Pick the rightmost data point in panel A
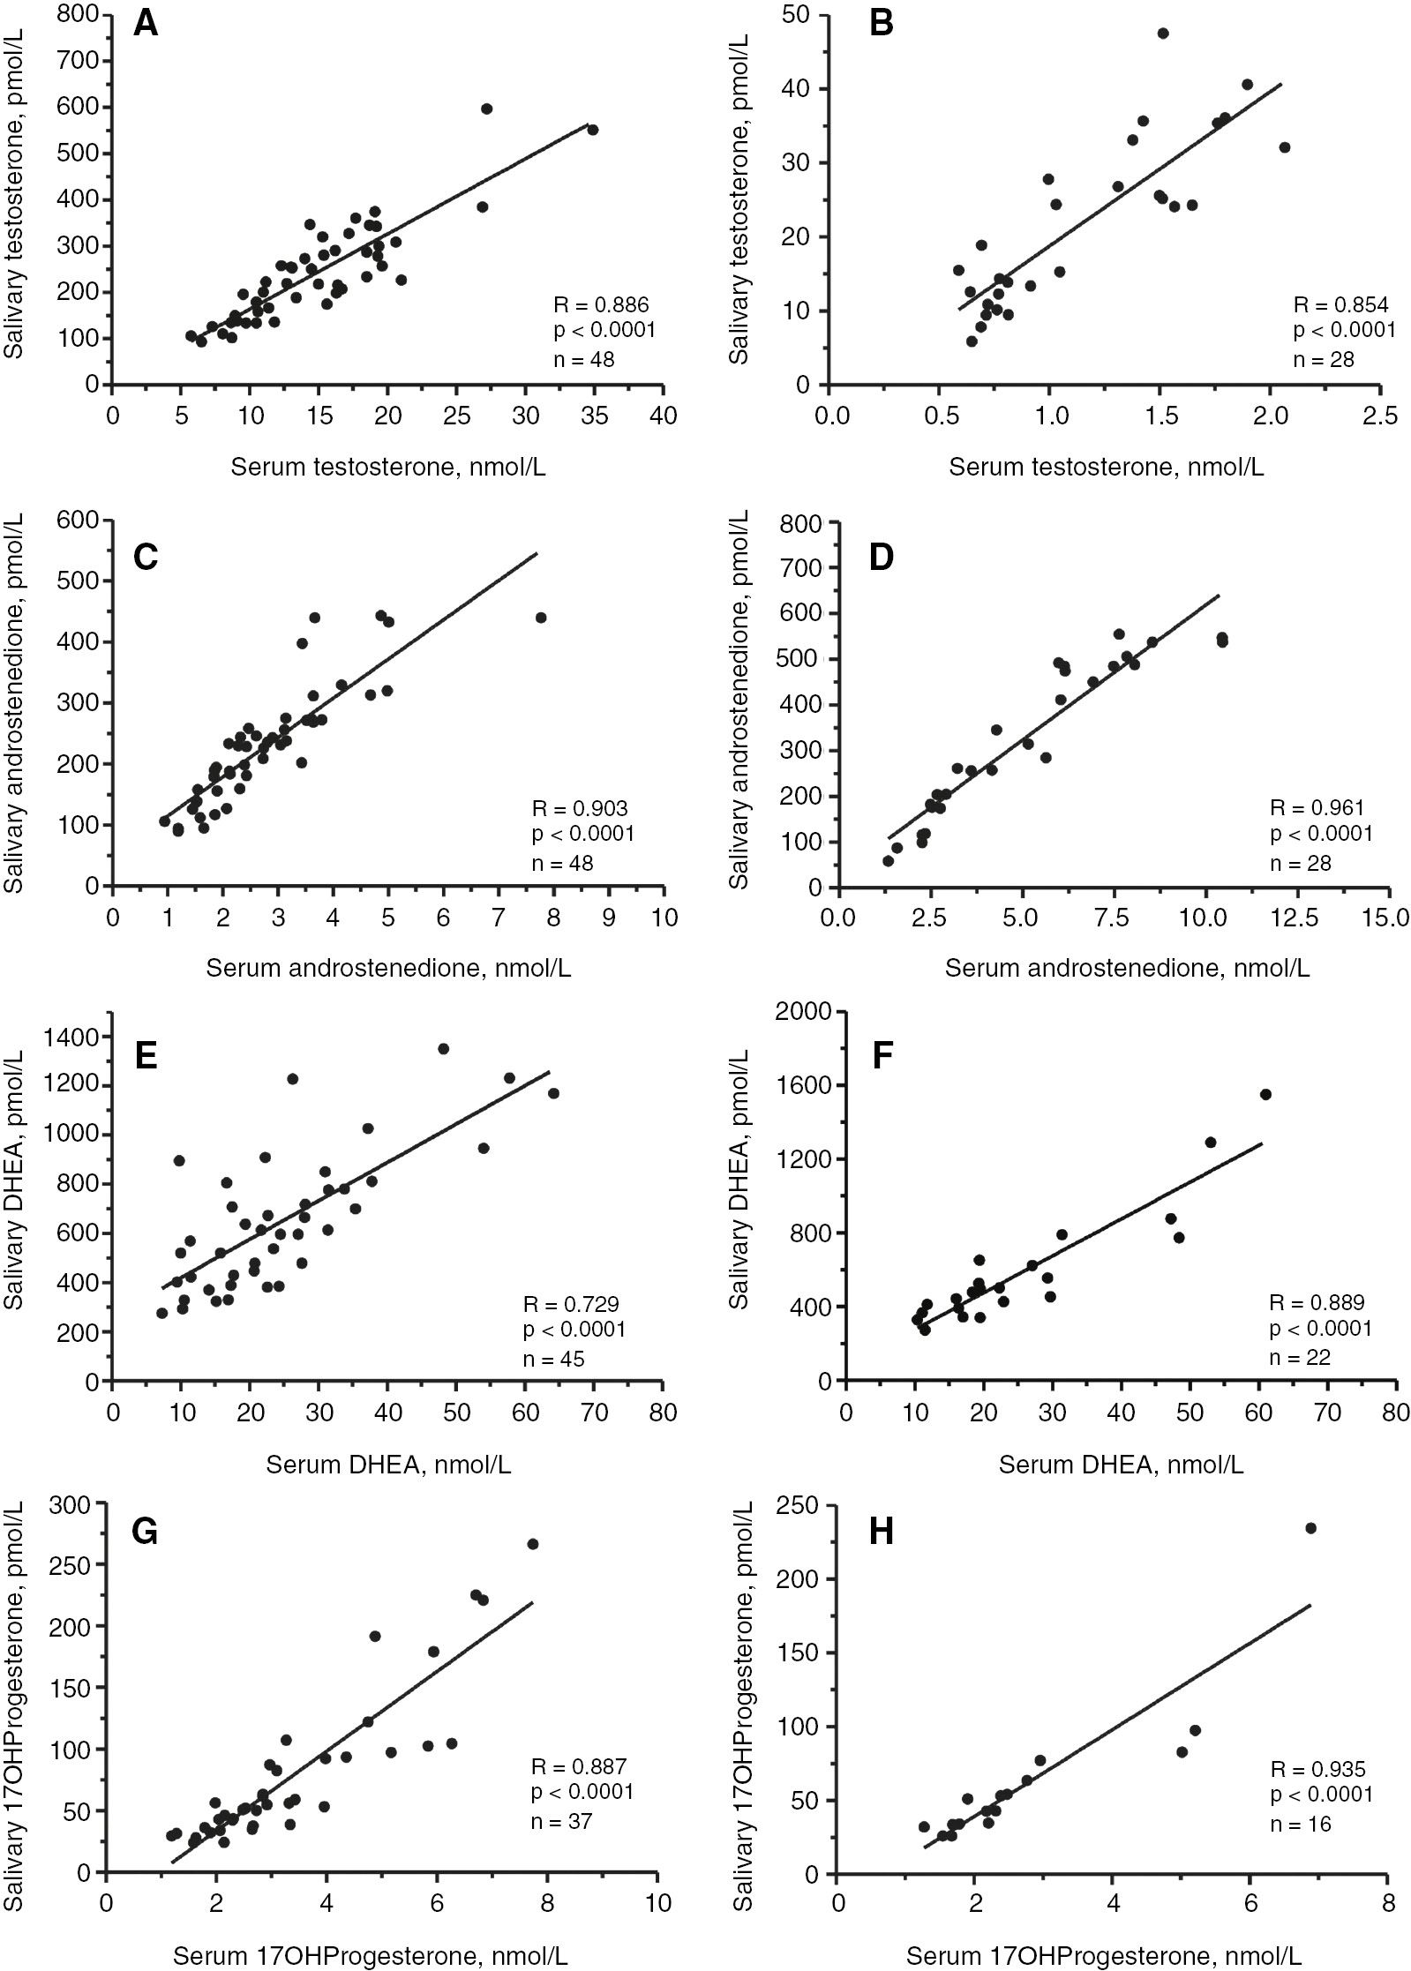pyautogui.click(x=593, y=130)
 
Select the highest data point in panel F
pyautogui.click(x=1265, y=1094)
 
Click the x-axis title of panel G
pyautogui.click(x=370, y=1956)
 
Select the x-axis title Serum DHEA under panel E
pyautogui.click(x=388, y=1465)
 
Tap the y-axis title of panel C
pyautogui.click(x=17, y=702)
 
